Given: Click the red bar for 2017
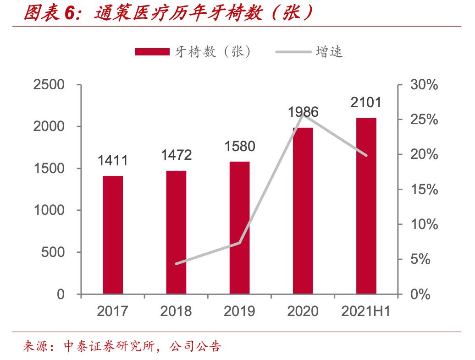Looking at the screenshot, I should [x=113, y=235].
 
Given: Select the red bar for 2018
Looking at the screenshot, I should [x=176, y=232].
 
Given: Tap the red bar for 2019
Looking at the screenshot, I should [x=239, y=228].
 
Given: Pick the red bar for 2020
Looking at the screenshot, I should [x=303, y=211].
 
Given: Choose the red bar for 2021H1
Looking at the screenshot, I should [x=366, y=206].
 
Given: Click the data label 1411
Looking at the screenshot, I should [x=112, y=161].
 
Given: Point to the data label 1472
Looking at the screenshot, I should [x=176, y=155].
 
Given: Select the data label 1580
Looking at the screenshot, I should [x=239, y=147].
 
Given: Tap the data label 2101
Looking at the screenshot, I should [x=366, y=103].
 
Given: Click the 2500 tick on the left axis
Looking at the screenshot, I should [x=49, y=85].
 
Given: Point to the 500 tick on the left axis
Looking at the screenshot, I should [x=53, y=252].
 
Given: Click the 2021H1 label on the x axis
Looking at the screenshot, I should [x=366, y=311].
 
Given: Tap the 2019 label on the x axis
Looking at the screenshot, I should [x=239, y=311].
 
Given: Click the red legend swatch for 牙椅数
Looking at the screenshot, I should [x=152, y=52].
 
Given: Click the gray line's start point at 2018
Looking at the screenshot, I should [x=176, y=264].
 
